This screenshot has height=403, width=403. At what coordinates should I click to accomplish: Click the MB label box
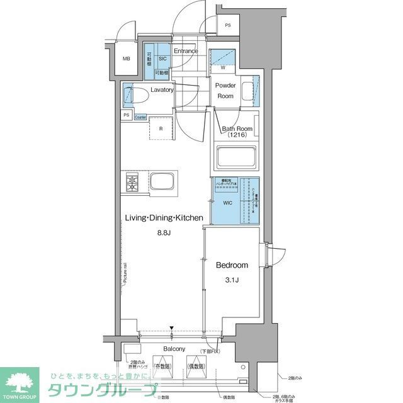click(127, 60)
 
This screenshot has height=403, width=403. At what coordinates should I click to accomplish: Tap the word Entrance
click(186, 51)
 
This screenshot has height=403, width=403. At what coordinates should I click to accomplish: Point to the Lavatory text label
click(162, 90)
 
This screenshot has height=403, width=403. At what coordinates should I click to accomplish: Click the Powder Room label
click(225, 91)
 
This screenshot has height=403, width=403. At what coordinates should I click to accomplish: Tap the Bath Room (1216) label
click(236, 132)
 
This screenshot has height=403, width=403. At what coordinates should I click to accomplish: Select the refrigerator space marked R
click(162, 128)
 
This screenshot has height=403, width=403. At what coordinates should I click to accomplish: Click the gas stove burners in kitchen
click(132, 183)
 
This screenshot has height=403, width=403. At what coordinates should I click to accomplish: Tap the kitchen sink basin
click(161, 183)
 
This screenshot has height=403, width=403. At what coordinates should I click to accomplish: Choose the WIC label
click(227, 203)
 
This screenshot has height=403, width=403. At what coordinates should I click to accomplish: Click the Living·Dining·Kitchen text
click(163, 218)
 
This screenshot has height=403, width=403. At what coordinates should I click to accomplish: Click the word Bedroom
click(232, 265)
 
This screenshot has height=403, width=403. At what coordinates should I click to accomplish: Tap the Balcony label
click(174, 349)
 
